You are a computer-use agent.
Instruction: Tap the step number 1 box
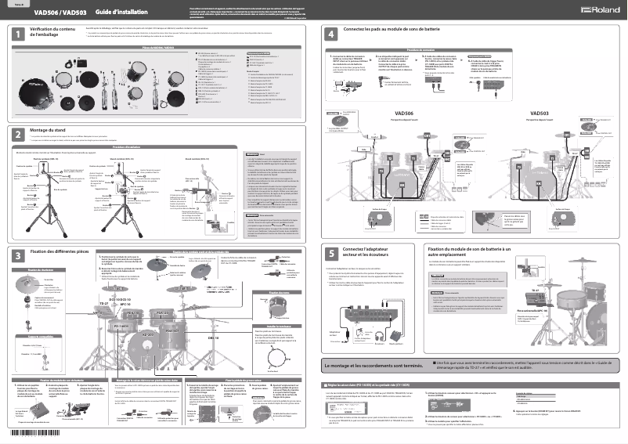coord(17,34)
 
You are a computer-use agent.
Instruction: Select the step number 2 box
coord(17,135)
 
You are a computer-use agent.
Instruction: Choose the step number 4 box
coord(332,34)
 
